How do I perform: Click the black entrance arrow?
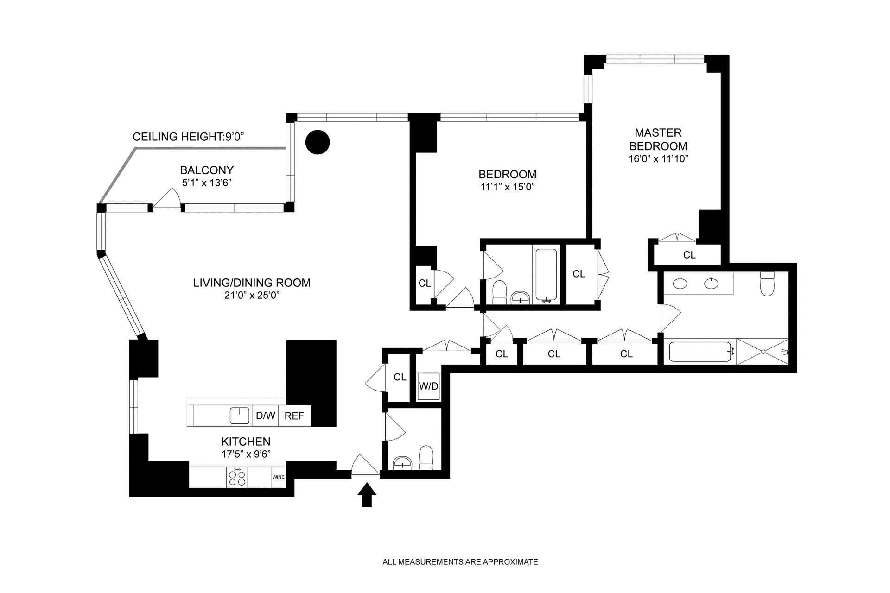point(367,495)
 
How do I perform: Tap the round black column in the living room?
point(318,142)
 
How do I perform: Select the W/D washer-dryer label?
point(428,386)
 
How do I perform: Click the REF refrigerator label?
point(294,416)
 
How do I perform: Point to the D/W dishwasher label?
point(266,416)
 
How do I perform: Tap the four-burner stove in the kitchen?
point(237,477)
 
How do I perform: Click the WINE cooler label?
point(278,477)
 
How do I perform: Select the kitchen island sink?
point(240,416)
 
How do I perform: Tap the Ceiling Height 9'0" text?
point(188,137)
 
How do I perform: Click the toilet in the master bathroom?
point(768,284)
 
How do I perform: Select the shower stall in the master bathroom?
point(763,352)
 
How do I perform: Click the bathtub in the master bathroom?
point(700,352)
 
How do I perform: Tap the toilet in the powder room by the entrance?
point(426,458)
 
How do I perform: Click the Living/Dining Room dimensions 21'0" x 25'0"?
point(252,296)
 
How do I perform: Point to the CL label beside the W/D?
point(400,377)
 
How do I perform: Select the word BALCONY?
point(207,170)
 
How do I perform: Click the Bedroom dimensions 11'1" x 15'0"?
point(508,187)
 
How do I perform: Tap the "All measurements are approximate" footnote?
point(460,562)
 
